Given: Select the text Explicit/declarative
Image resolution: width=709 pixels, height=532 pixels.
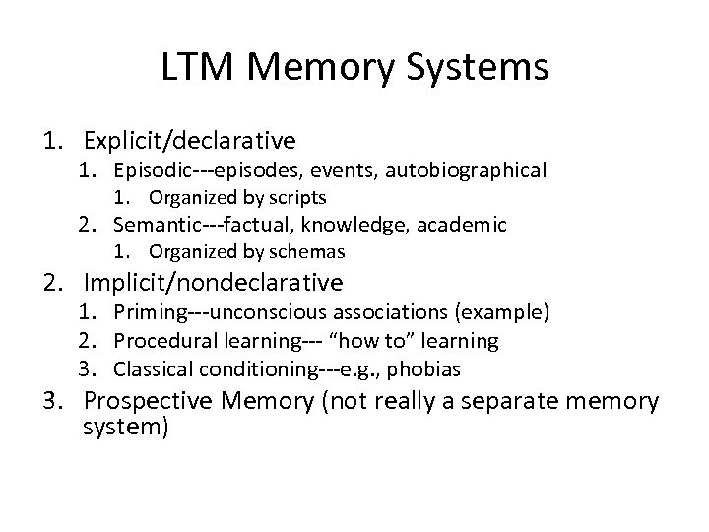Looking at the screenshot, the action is (x=190, y=141).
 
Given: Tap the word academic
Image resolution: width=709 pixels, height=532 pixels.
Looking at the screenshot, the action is (x=467, y=226).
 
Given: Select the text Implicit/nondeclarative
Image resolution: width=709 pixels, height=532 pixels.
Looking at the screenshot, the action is (x=214, y=283).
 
